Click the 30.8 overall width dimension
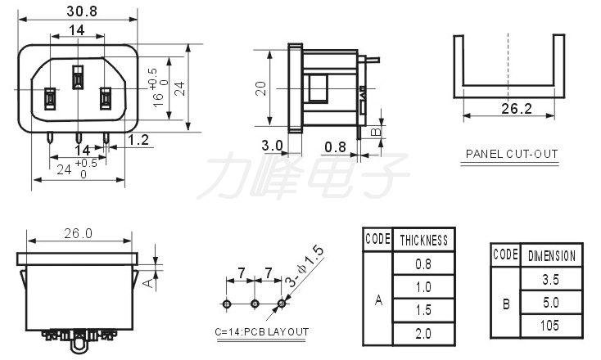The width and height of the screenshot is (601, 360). pos(82,11)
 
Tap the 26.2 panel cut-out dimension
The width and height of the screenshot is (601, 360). pos(517,109)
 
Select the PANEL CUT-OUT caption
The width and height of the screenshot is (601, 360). pos(512,154)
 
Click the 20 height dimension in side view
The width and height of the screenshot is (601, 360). pos(260,88)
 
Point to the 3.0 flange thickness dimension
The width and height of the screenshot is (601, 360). pos(272,146)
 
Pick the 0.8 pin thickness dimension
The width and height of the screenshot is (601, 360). pos(335,146)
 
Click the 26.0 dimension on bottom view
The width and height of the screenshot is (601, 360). pos(78,233)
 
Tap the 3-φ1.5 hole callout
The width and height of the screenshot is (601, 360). pos(305,267)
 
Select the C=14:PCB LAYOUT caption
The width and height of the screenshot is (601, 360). pos(262,331)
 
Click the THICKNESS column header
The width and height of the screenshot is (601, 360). pos(424,241)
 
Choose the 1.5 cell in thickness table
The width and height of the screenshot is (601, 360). pos(423,310)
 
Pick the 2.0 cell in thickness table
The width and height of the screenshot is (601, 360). pos(423,334)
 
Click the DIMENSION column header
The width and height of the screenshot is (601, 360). pos(552,256)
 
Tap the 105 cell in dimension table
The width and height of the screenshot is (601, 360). pos(550,326)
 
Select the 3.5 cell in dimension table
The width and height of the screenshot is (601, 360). pos(550,280)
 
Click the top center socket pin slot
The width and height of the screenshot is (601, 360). pos(78,77)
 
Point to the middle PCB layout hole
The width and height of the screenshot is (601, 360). pos(255,304)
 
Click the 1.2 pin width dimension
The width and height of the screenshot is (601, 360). pos(138,140)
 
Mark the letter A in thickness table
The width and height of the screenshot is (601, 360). pos(378,300)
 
